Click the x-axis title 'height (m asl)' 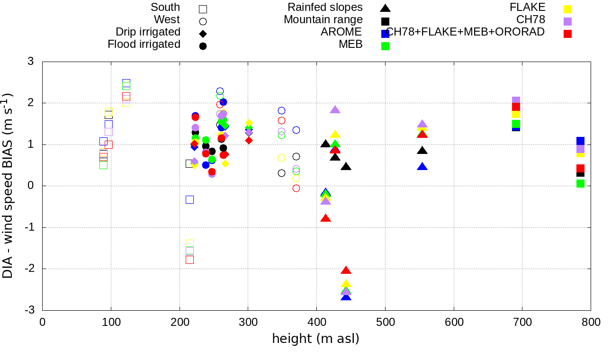pyautogui.click(x=315, y=339)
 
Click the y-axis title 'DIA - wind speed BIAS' pyautogui.click(x=8, y=186)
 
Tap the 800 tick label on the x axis pyautogui.click(x=591, y=323)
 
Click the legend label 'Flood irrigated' pyautogui.click(x=144, y=45)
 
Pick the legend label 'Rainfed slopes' pyautogui.click(x=325, y=7)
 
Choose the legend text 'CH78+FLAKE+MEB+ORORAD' pyautogui.click(x=465, y=32)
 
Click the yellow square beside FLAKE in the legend pyautogui.click(x=567, y=9)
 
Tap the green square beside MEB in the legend pyautogui.click(x=386, y=46)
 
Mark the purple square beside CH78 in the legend pyautogui.click(x=567, y=21)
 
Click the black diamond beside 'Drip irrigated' pyautogui.click(x=203, y=34)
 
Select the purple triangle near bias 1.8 pyautogui.click(x=335, y=110)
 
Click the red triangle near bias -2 pyautogui.click(x=346, y=270)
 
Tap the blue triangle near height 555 pyautogui.click(x=422, y=167)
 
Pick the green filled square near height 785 pyautogui.click(x=580, y=183)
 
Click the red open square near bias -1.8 pyautogui.click(x=189, y=260)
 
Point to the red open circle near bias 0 pyautogui.click(x=296, y=189)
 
